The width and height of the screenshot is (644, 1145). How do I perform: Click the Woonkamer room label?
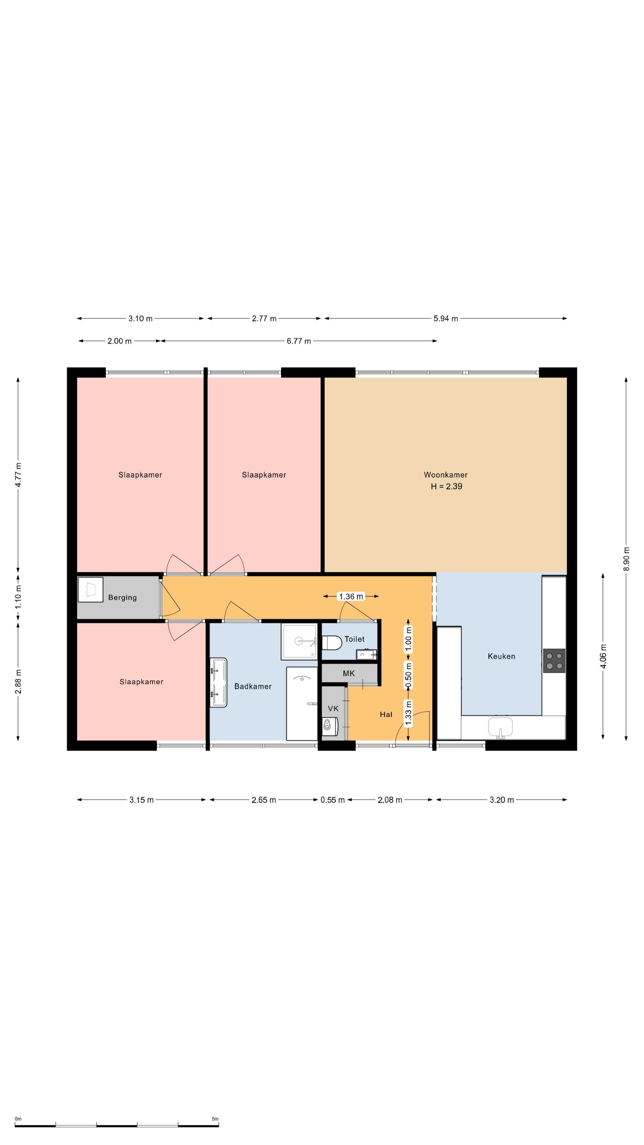click(x=445, y=475)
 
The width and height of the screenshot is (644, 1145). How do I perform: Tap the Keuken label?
click(x=501, y=656)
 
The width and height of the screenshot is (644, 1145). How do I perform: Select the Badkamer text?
click(x=253, y=686)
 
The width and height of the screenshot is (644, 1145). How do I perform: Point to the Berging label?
click(x=122, y=597)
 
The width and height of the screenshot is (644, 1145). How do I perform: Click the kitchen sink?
click(x=501, y=727)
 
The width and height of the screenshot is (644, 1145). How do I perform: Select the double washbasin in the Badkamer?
click(x=218, y=682)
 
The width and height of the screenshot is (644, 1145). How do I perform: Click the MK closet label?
click(x=349, y=673)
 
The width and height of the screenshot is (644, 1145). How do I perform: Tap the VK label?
click(x=333, y=708)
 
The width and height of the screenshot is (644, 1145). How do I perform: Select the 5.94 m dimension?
click(x=446, y=318)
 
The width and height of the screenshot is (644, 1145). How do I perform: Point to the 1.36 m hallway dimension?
click(x=351, y=596)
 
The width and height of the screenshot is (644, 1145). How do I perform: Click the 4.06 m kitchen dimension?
click(x=603, y=656)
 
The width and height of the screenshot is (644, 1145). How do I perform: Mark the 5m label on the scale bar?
click(x=215, y=1119)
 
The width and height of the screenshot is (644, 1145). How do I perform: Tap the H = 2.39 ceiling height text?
click(x=446, y=486)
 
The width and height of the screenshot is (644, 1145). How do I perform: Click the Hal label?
click(x=386, y=714)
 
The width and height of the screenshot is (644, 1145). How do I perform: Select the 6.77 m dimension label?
click(x=299, y=341)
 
